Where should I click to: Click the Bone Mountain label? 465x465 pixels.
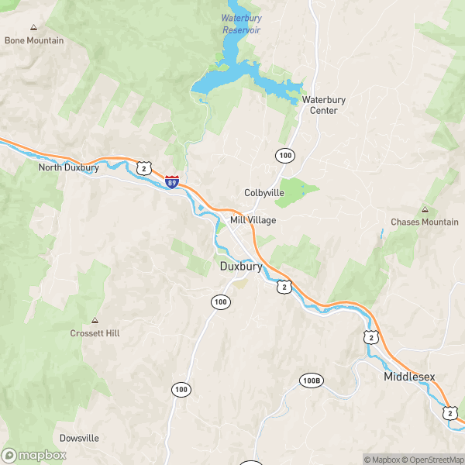coord(34,40)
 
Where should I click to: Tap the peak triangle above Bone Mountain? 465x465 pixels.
coord(33,28)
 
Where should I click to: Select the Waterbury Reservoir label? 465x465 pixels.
coord(240,23)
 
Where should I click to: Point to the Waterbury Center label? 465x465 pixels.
coord(324,105)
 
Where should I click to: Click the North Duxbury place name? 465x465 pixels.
coord(68,167)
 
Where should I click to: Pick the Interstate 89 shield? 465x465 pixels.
coord(172,181)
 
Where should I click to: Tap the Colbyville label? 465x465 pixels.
coord(264,192)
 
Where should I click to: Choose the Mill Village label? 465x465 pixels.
coord(253,220)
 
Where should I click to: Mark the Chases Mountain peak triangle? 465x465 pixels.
coord(425,210)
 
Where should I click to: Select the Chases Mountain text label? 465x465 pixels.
coord(425,222)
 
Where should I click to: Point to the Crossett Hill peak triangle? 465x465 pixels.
coord(95,320)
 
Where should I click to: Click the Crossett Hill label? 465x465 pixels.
coord(95,333)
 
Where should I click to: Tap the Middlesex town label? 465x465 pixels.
coord(409,377)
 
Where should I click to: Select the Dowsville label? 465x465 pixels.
coord(79,438)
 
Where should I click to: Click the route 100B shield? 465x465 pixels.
coord(311,381)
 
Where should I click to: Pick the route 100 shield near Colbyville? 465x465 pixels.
coord(284,156)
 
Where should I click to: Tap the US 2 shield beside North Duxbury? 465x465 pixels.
coord(143,167)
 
